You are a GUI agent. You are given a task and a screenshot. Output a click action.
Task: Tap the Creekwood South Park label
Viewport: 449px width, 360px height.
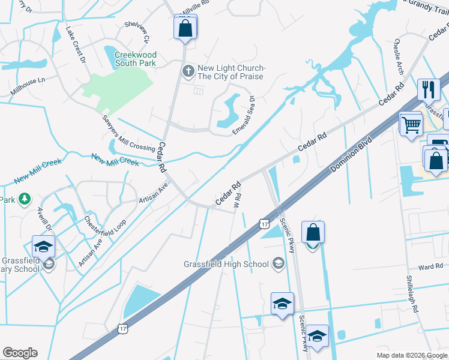pos(135,59)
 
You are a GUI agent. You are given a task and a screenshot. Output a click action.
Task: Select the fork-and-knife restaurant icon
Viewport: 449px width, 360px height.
pos(429,90)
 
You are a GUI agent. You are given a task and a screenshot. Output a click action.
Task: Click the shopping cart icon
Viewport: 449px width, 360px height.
pos(412,125)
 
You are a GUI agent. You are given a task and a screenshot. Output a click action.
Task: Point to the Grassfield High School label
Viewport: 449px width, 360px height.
pos(227,264)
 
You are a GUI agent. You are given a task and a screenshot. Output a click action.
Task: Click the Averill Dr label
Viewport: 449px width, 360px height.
pos(45,221)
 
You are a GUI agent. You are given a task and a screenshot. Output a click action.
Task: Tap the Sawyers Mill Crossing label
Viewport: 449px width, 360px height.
pos(128,133)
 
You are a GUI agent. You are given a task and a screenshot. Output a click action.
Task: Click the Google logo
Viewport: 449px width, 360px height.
pos(20,353)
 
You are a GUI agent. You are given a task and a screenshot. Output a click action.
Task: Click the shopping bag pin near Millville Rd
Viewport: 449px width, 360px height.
pos(185,28)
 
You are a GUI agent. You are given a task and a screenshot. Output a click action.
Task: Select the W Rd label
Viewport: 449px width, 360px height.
pos(238,200)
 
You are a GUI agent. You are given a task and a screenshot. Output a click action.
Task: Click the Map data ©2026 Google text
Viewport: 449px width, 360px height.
pos(411,355)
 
